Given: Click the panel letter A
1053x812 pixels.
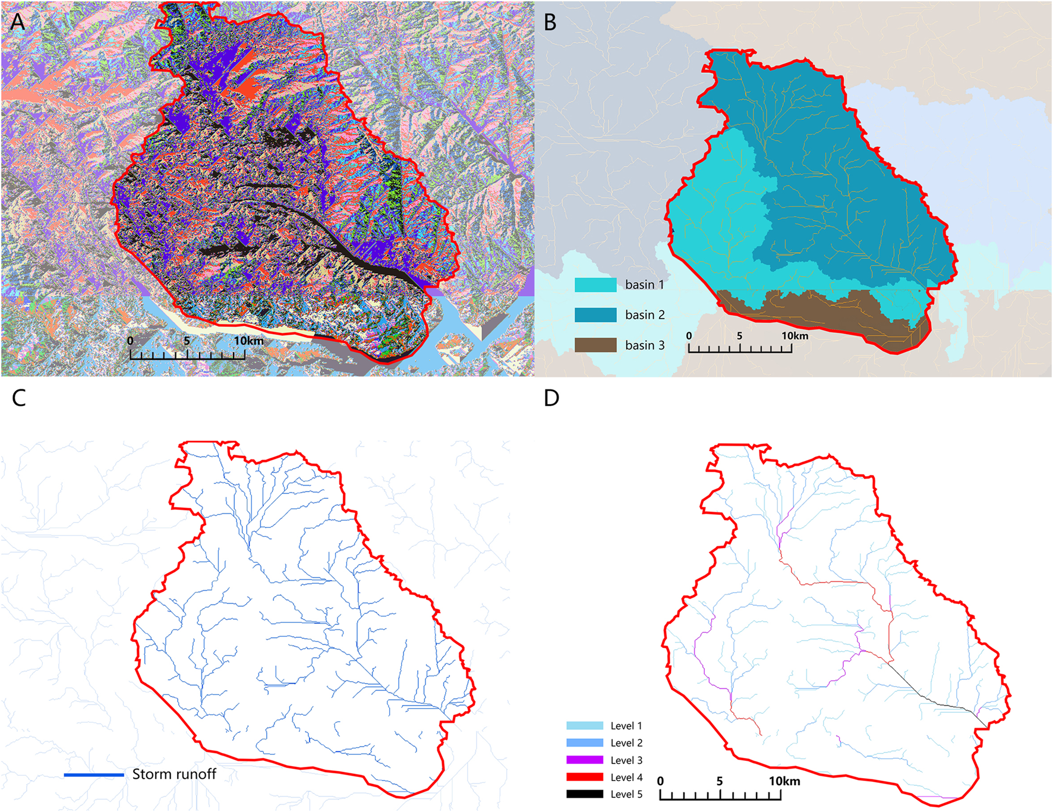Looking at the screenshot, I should pyautogui.click(x=18, y=22).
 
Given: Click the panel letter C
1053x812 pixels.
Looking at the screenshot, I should pyautogui.click(x=18, y=398).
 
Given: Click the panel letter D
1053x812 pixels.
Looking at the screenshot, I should pyautogui.click(x=551, y=398).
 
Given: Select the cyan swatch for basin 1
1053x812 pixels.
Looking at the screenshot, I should pyautogui.click(x=595, y=285).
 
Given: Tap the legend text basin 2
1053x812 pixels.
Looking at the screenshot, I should pyautogui.click(x=644, y=315).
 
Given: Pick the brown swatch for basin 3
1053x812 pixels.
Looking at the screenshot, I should pyautogui.click(x=595, y=345).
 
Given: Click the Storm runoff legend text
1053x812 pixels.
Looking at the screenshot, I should pyautogui.click(x=174, y=774).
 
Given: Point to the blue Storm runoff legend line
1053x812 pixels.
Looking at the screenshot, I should pyautogui.click(x=94, y=775).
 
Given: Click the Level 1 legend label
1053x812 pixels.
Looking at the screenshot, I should pyautogui.click(x=626, y=726).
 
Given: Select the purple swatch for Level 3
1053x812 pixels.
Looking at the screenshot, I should pyautogui.click(x=585, y=760).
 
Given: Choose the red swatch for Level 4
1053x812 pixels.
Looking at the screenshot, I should pyautogui.click(x=585, y=778).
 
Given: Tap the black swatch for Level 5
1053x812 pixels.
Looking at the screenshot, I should pyautogui.click(x=585, y=794).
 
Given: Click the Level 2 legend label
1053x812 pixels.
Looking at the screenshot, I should pyautogui.click(x=626, y=743).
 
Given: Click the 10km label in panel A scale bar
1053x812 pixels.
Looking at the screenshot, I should pyautogui.click(x=248, y=341).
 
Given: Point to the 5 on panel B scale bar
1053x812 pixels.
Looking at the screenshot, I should pyautogui.click(x=739, y=336).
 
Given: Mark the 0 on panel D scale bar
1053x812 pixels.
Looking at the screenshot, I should pyautogui.click(x=660, y=781).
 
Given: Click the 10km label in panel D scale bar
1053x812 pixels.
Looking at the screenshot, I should pyautogui.click(x=784, y=781).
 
